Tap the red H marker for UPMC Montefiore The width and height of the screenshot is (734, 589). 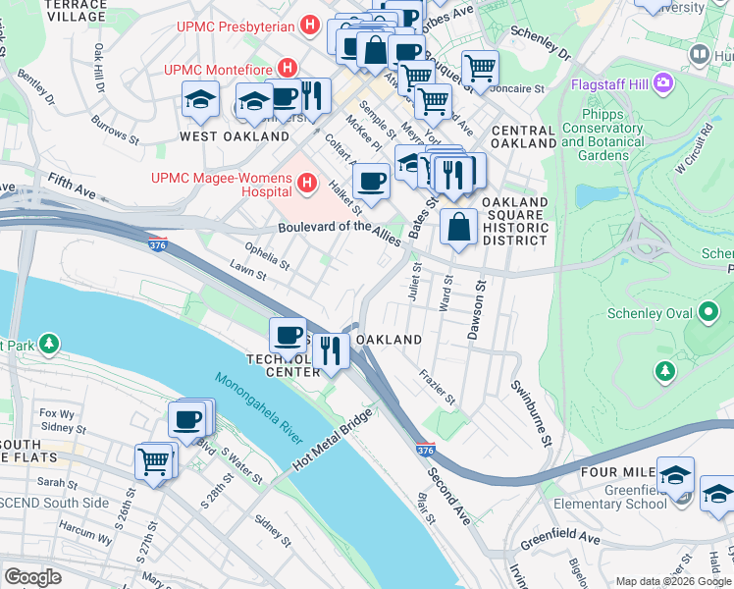(288, 68)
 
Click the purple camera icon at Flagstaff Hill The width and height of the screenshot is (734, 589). (662, 82)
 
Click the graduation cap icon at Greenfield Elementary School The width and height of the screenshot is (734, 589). (675, 475)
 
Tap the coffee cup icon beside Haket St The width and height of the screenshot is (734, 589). (370, 182)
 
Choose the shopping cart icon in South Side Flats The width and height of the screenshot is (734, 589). (154, 460)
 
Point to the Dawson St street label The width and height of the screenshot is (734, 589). (479, 311)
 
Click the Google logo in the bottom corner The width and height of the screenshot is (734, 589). (32, 576)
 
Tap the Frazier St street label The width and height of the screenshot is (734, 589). (438, 387)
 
